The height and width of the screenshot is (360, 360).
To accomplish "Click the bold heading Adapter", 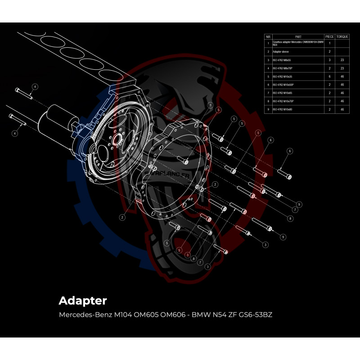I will click(83, 300).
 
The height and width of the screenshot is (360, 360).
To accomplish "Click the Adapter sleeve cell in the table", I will click(281, 52).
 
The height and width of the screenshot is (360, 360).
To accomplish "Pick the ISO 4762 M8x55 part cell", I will click(283, 60).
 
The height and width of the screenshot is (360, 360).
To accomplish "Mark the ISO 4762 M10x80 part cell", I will click(283, 109).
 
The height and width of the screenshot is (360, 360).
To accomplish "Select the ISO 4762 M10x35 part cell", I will click(283, 76).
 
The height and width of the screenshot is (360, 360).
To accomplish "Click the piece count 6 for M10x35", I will click(329, 76).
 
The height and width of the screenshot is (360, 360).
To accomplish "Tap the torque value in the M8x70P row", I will click(342, 68).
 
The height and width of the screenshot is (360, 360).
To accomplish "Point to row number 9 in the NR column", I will click(268, 109).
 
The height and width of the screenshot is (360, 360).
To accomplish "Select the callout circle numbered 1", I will click(211, 104).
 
